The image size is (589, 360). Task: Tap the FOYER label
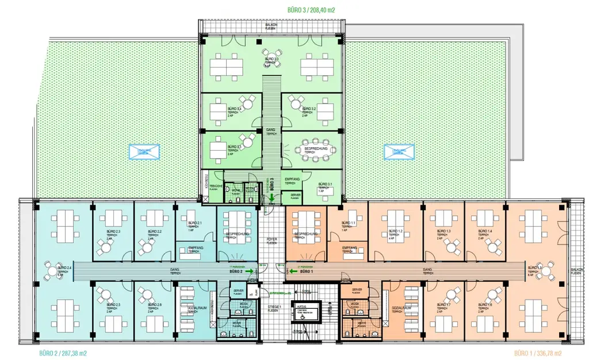(x=271, y=240)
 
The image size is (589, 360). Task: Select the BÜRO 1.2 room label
(x=396, y=232)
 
